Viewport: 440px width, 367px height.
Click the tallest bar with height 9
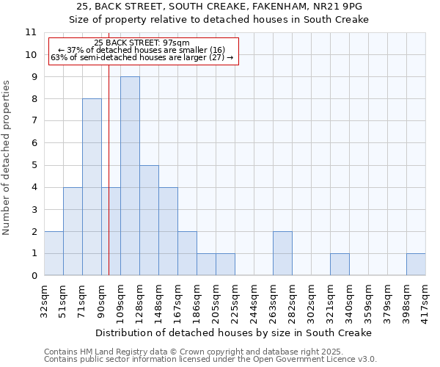130,176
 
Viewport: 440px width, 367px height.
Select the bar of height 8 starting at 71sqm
92,187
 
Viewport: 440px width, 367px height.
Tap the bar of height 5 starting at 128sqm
149,220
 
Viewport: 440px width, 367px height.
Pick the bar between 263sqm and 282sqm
282,253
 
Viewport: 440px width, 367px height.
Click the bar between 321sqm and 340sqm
340,264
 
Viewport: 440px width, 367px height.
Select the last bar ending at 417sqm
416,264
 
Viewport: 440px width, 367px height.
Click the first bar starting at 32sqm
54,253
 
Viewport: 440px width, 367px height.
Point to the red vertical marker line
109,183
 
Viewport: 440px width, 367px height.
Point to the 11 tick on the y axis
31,32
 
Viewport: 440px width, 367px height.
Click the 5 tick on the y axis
34,165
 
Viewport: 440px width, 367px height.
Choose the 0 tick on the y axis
34,276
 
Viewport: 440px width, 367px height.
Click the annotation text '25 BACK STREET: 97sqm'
142,43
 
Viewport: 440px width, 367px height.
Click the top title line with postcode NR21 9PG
219,6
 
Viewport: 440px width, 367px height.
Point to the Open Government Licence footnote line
210,360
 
